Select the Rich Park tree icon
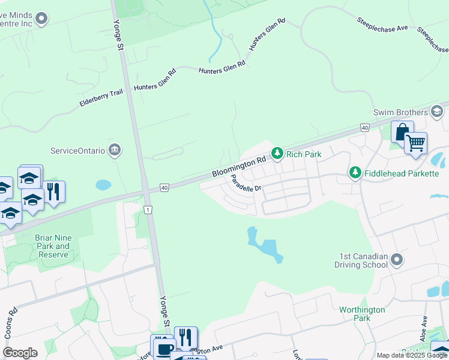coord(277,154)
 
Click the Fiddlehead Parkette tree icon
coord(355,173)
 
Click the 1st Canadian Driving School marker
coord(396,260)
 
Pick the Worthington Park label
coord(362,314)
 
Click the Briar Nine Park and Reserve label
coord(53,246)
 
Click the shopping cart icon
coord(415,143)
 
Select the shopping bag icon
coord(402,132)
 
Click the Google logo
coord(20,353)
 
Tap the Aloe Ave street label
coord(424,329)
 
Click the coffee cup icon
coord(164,347)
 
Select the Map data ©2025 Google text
coord(411,355)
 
